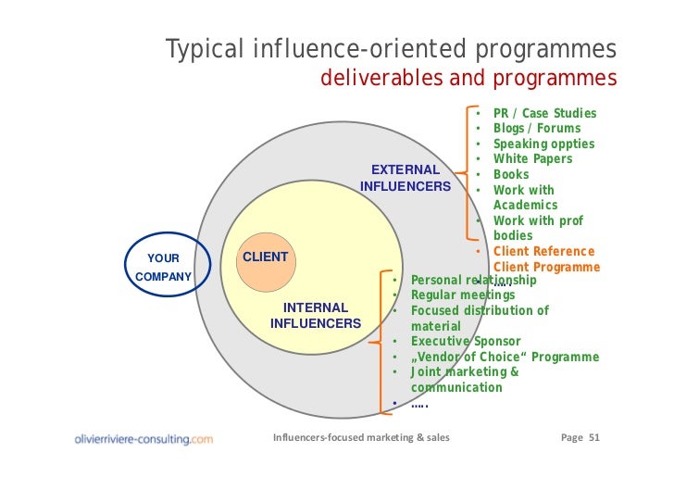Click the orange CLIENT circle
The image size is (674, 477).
point(266,257)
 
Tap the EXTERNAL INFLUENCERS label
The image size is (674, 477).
point(405,178)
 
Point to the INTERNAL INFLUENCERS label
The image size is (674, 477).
point(315,315)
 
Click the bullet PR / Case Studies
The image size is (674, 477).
point(544,114)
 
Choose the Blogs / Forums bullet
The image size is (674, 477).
point(537,129)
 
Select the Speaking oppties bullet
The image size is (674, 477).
point(543,144)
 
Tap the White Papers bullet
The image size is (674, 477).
point(532,159)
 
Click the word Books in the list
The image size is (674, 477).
point(511,174)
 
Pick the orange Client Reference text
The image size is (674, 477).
point(543,251)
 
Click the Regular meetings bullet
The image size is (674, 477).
point(463,295)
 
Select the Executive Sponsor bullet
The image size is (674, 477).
point(466,342)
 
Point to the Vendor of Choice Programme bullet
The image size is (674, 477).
point(505,357)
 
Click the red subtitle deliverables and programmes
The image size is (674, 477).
point(468,78)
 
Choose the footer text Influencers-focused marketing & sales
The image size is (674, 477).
point(361,437)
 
